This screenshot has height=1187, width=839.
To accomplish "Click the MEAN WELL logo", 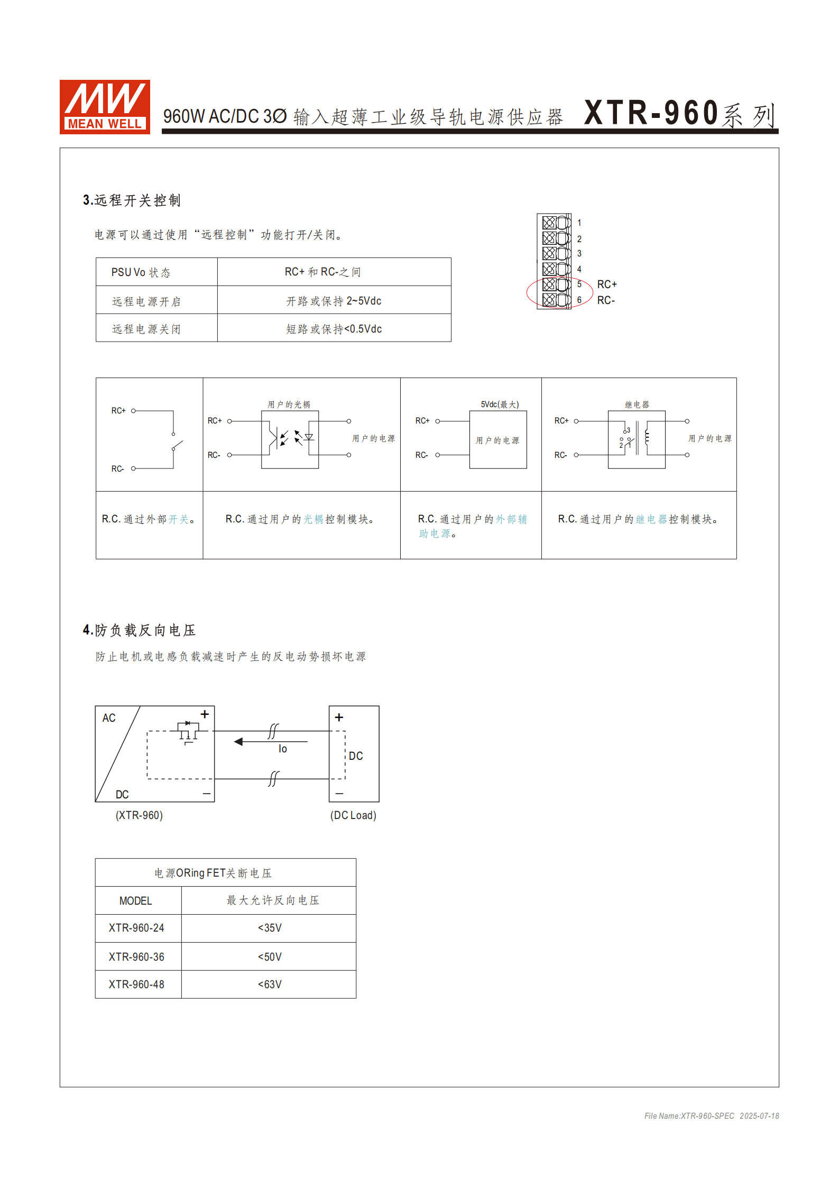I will (105, 107).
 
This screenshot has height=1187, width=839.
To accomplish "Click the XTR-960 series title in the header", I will (680, 113).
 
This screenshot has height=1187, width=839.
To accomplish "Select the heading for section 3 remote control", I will (132, 200).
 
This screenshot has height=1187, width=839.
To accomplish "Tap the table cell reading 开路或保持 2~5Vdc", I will (334, 301).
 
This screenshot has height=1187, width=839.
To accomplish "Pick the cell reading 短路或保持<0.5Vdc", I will (334, 329).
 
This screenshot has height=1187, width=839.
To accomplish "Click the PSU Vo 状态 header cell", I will (141, 272).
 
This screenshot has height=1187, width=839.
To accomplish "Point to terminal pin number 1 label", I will (579, 223).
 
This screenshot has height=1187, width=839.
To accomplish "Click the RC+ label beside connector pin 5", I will (607, 284).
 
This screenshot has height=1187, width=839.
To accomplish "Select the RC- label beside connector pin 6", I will (606, 300).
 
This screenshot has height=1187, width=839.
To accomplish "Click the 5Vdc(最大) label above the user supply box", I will (500, 404).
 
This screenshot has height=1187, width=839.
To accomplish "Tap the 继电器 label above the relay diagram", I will (637, 404).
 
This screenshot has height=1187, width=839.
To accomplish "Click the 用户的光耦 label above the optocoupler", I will (289, 404).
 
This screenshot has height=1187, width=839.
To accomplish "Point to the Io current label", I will (283, 749).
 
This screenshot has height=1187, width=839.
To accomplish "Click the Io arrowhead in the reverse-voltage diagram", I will (239, 741).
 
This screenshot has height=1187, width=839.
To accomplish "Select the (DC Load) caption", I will (353, 815).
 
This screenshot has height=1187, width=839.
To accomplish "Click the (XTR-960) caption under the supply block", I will (139, 815).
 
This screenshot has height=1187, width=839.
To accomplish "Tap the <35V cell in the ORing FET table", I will (270, 928).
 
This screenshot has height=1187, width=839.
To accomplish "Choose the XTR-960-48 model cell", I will (136, 984).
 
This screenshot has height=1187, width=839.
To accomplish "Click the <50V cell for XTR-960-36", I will (270, 957).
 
